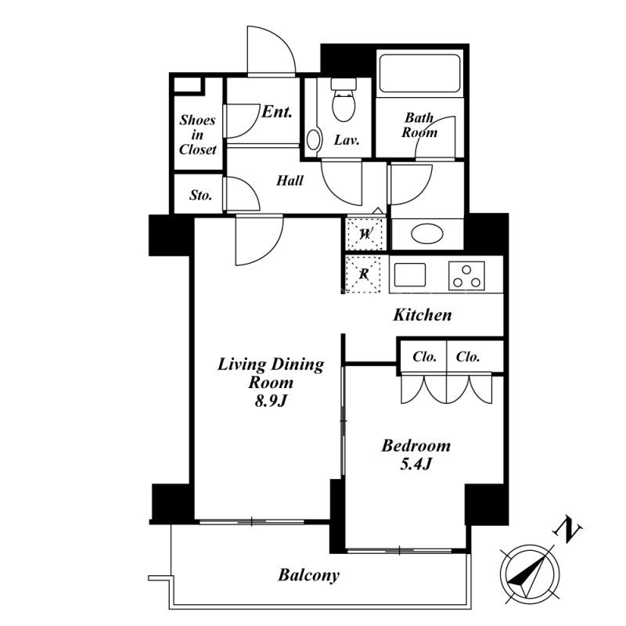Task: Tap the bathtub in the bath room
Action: (x=419, y=74)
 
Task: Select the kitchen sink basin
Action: (x=409, y=275)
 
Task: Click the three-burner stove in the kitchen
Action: (x=466, y=275)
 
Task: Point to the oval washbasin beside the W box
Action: (x=426, y=233)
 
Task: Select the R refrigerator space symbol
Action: (x=364, y=275)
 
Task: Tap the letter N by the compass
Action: (x=567, y=530)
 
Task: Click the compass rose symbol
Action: (x=530, y=574)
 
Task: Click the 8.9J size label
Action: (x=271, y=401)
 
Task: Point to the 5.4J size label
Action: (x=416, y=464)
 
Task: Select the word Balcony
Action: (x=308, y=575)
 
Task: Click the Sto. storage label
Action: (x=200, y=195)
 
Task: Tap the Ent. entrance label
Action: (x=277, y=111)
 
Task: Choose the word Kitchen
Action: (x=423, y=315)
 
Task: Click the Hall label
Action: (x=290, y=181)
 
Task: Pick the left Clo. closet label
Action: (x=424, y=357)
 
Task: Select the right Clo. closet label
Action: (x=467, y=357)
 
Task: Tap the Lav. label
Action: (x=347, y=140)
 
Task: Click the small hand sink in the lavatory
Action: (x=314, y=140)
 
